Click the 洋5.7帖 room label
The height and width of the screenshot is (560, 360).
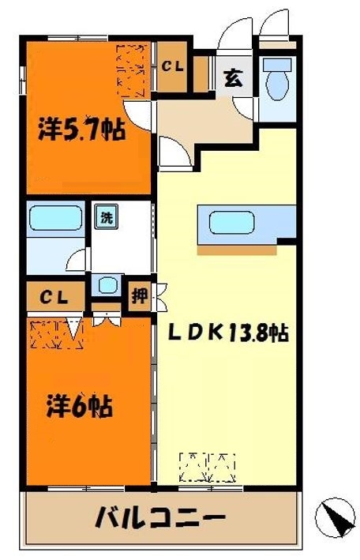coord(81,130)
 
